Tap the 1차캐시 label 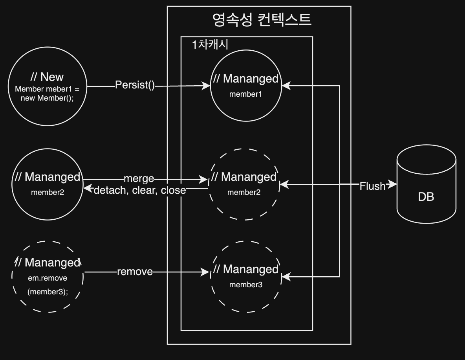[210, 44]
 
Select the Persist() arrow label [135, 85]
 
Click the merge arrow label [139, 179]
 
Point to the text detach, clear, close [140, 190]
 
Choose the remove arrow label [135, 272]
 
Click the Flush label [372, 186]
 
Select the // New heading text [47, 77]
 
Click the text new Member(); [47, 98]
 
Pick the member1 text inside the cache [245, 94]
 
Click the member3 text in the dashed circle [246, 285]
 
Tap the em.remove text [48, 278]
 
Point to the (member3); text [48, 292]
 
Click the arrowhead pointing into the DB [392, 184]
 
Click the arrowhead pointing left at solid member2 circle [88, 188]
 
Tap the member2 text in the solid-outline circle [47, 193]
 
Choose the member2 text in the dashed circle [243, 192]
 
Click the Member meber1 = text [47, 89]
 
